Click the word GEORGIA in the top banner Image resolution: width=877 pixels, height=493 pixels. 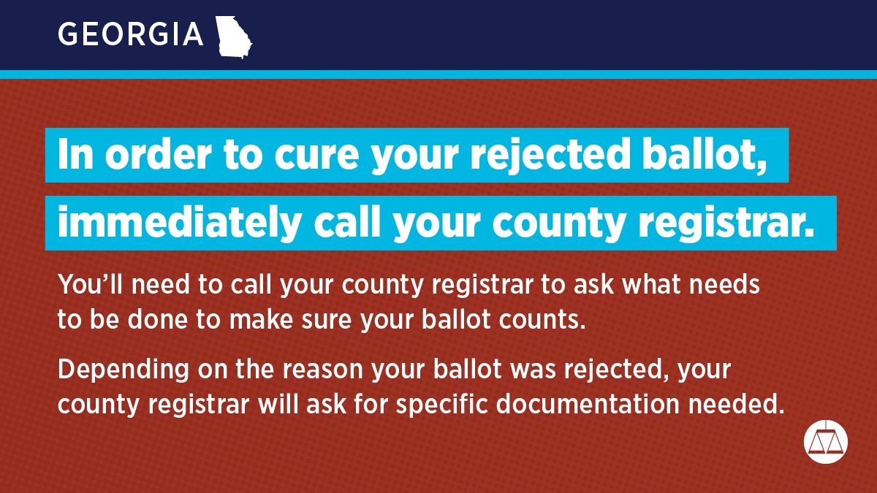point(130,34)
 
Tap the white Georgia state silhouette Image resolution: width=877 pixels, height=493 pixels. point(234,36)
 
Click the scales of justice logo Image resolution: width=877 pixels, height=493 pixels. point(826,440)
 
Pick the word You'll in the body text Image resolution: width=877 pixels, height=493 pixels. point(87,284)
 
